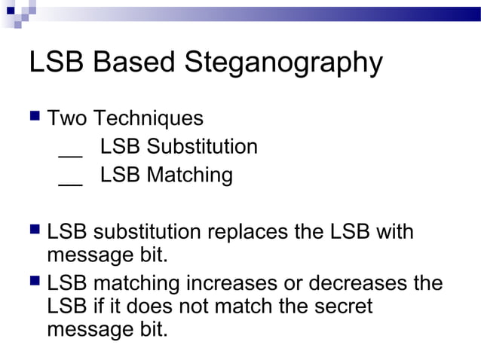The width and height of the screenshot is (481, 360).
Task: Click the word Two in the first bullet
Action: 67,118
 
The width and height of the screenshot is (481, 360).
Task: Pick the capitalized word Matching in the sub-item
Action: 189,175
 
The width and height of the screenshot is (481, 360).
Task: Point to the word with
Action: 394,231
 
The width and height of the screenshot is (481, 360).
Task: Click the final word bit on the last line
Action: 152,330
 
